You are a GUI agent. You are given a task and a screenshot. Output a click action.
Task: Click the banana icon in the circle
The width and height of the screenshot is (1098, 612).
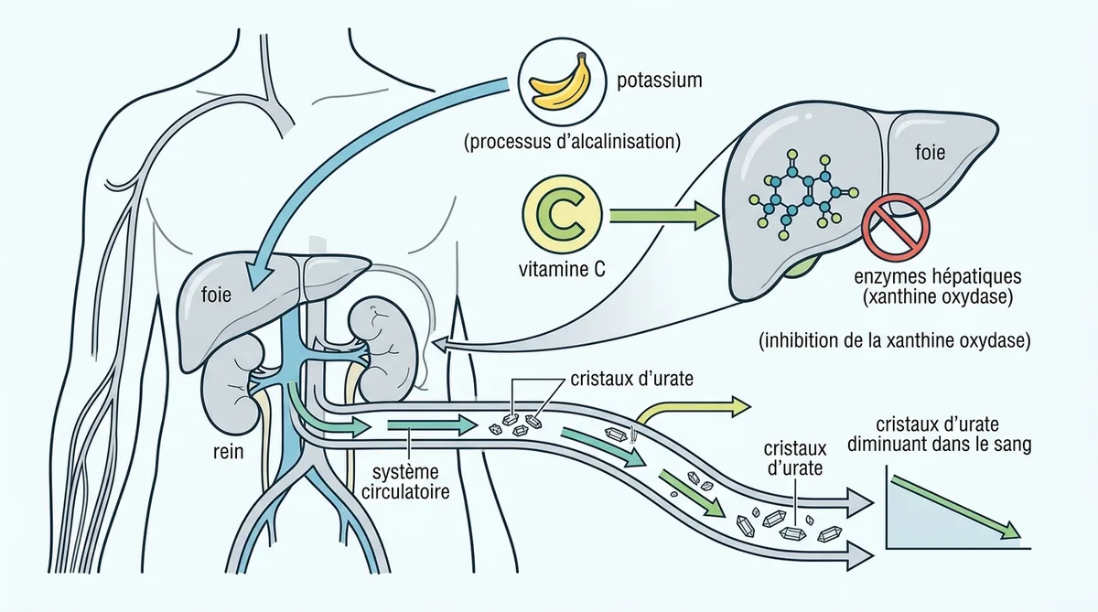click(x=560, y=82)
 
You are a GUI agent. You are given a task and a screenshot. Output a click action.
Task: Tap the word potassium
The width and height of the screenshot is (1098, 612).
click(x=660, y=81)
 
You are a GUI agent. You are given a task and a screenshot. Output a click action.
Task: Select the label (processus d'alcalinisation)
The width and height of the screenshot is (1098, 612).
click(x=572, y=142)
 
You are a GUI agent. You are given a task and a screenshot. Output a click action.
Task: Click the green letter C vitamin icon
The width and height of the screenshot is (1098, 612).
click(x=561, y=216)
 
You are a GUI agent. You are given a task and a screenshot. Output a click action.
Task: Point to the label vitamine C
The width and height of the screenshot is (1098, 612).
click(x=562, y=270)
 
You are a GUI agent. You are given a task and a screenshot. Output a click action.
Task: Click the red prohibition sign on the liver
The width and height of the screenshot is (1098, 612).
click(x=896, y=226)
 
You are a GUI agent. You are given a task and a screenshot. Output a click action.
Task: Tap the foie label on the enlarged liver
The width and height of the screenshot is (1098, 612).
click(x=930, y=153)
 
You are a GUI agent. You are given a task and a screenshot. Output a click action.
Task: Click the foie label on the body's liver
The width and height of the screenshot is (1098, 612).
click(x=216, y=295)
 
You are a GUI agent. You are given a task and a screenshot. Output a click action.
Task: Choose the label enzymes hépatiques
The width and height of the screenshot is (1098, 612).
click(x=938, y=276)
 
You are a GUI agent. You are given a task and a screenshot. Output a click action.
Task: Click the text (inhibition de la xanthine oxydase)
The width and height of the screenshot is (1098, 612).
click(x=895, y=340)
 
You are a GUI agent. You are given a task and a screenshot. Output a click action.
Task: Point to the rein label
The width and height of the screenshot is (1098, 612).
click(x=229, y=451)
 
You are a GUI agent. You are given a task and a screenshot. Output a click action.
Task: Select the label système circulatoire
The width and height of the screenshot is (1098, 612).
click(x=405, y=482)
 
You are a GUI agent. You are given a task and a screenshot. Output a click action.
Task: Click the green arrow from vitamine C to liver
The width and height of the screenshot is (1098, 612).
click(x=664, y=216)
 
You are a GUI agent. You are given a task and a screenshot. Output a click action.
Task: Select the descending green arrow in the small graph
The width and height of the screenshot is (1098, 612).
click(x=956, y=507)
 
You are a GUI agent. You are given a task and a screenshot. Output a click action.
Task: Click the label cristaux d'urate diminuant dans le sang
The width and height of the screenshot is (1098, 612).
click(x=939, y=435)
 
